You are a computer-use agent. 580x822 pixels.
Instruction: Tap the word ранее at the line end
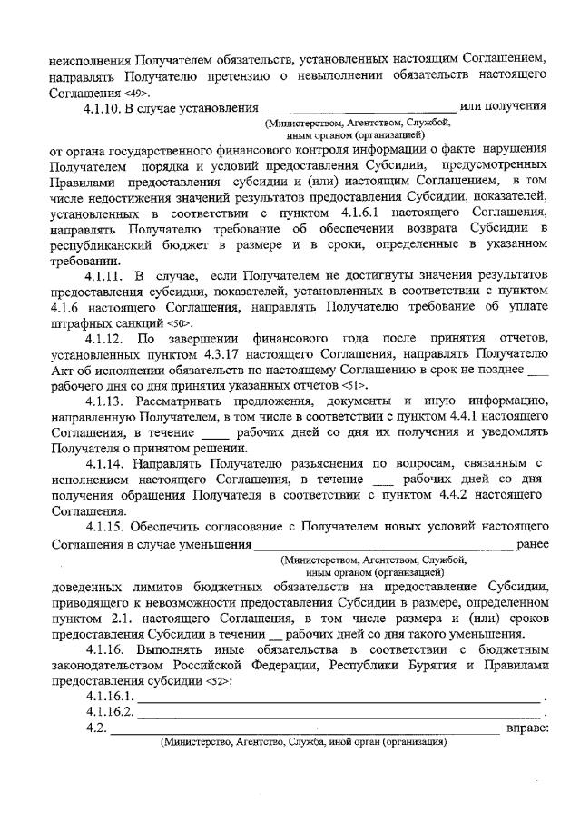point(531,543)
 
